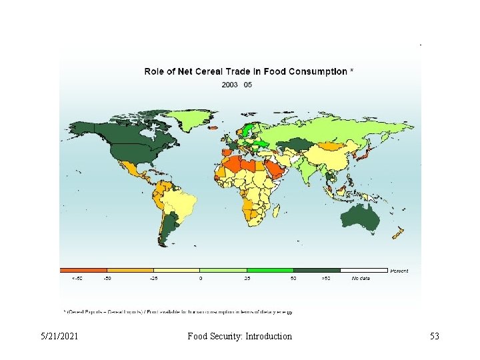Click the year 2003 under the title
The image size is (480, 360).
tap(229, 85)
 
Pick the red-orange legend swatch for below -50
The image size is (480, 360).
tap(83, 270)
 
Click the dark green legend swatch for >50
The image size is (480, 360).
tap(317, 270)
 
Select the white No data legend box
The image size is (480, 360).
tap(363, 270)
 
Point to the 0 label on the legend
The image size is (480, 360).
tap(200, 278)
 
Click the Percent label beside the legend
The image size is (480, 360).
tap(399, 271)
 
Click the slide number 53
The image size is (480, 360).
tap(434, 336)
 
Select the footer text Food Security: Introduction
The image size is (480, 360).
tap(240, 336)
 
